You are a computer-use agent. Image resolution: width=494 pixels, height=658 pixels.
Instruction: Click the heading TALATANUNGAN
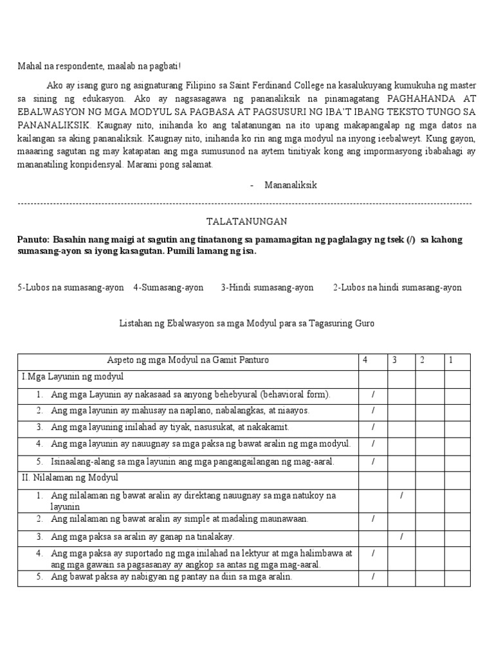tap(247, 221)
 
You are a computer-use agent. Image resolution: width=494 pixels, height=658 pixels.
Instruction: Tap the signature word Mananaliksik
tap(290, 185)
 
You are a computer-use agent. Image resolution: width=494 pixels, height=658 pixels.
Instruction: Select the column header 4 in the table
tap(365, 360)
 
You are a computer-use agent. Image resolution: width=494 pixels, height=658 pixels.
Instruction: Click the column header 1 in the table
tap(451, 360)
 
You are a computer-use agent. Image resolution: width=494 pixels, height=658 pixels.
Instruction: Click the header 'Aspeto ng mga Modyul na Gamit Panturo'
tap(187, 360)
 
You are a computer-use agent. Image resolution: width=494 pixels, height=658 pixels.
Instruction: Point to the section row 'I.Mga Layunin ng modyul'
tap(72, 376)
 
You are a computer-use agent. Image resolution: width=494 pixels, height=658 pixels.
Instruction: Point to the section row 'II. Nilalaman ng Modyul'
tap(69, 477)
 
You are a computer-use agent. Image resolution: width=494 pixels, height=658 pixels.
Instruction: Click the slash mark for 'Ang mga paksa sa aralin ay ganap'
tap(401, 536)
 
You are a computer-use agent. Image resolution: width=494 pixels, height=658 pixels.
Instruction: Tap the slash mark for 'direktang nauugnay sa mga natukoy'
tap(401, 495)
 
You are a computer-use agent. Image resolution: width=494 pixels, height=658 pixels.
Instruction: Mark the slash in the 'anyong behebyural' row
tap(373, 393)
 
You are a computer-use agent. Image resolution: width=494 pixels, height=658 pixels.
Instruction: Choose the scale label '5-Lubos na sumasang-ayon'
tap(71, 287)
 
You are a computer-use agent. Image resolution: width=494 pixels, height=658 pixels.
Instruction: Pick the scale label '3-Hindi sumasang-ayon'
tap(267, 287)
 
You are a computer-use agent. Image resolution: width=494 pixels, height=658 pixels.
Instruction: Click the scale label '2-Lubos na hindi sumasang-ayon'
tap(397, 287)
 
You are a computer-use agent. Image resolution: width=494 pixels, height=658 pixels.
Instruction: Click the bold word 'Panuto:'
tap(33, 239)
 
